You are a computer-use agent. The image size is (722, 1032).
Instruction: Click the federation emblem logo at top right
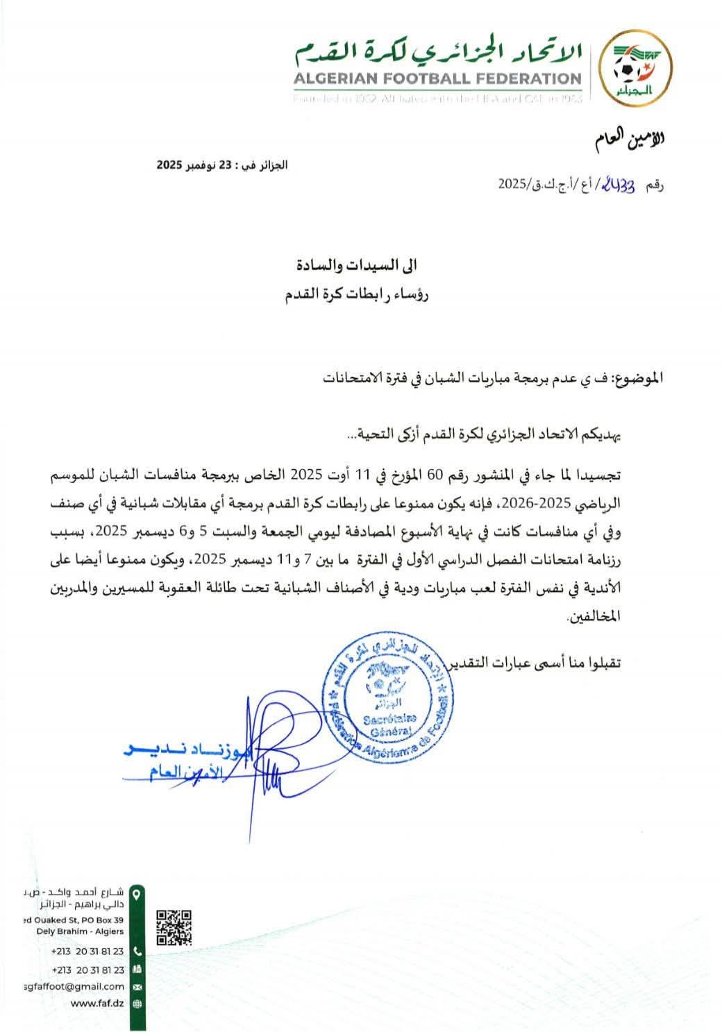(633, 67)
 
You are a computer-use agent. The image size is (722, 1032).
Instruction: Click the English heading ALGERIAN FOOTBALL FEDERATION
(437, 80)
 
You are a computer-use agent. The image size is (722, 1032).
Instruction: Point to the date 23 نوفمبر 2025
(221, 165)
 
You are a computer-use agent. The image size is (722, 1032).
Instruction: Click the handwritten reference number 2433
(621, 185)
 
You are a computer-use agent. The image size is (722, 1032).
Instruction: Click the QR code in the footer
(174, 928)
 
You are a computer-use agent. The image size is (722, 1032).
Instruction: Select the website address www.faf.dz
(98, 1003)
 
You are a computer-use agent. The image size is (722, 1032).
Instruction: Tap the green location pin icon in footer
(137, 894)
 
